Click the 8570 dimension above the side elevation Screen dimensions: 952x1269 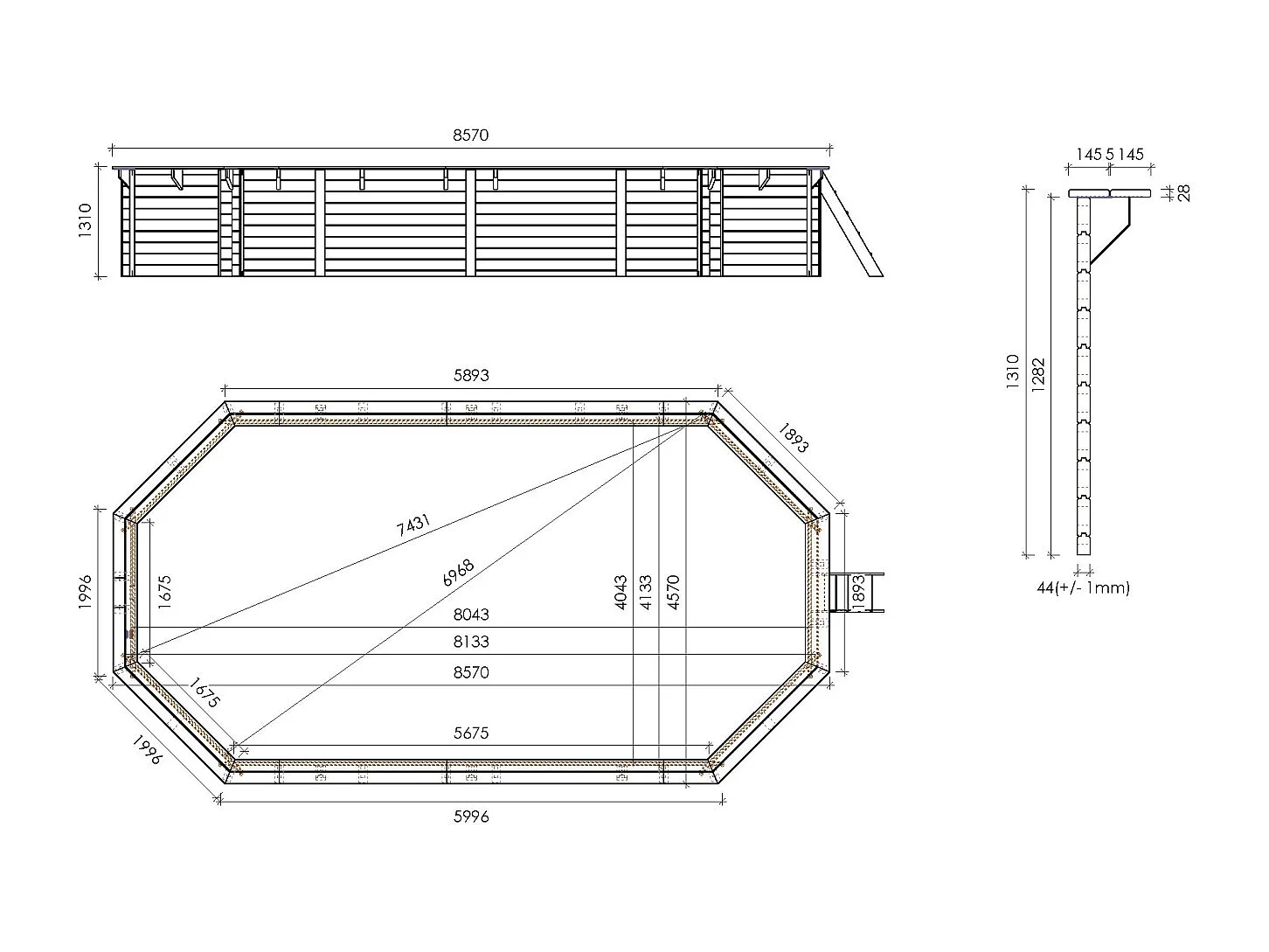tap(470, 136)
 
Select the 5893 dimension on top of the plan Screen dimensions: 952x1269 tap(470, 375)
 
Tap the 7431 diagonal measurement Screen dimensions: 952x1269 tap(413, 525)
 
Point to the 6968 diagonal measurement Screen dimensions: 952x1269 tap(458, 573)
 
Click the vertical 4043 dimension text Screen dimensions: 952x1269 tap(621, 592)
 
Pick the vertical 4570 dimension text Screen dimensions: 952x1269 tap(673, 592)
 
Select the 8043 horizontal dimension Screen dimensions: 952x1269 tap(470, 615)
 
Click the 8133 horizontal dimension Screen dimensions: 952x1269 tap(470, 642)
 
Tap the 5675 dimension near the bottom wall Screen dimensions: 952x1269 tap(470, 733)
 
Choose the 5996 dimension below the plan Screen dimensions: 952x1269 tap(470, 816)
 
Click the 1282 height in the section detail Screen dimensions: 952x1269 tap(1038, 375)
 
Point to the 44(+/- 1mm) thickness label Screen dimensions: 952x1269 tap(1083, 588)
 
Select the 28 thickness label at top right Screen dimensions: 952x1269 tap(1185, 193)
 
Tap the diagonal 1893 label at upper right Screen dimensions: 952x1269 tap(794, 438)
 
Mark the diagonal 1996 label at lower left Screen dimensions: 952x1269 tap(147, 749)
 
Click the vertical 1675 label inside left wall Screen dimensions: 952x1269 tap(165, 592)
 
